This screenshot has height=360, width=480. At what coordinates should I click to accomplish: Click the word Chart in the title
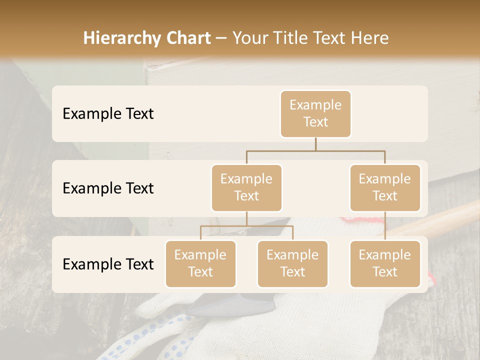point(188,38)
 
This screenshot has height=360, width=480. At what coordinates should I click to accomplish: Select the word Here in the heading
point(369,38)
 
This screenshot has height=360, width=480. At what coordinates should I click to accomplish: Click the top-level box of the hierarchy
point(315,114)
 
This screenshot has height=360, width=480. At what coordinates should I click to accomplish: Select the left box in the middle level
point(246,188)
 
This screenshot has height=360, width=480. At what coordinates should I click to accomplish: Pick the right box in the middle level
point(385,188)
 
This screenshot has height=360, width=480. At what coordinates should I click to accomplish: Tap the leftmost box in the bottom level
point(200,264)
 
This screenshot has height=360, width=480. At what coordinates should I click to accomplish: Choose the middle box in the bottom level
point(292,264)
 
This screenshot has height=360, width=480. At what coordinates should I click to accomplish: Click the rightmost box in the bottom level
point(385,264)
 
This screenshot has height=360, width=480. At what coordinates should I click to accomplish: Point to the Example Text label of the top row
point(108,114)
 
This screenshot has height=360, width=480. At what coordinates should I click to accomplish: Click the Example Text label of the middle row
point(108,188)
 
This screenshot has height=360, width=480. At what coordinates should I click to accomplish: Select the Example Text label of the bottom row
point(108,264)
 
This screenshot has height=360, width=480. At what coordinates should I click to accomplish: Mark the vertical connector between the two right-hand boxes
point(385,226)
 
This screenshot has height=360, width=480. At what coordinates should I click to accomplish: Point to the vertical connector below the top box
point(315,144)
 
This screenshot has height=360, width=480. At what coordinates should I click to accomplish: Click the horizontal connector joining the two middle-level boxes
point(315,150)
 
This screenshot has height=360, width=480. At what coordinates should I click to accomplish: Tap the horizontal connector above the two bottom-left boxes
point(246,226)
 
